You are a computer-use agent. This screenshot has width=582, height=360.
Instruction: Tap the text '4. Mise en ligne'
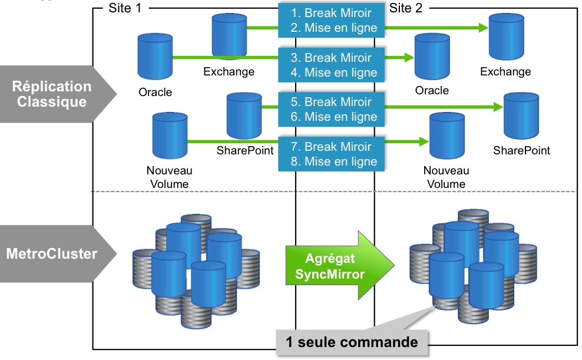point(333,73)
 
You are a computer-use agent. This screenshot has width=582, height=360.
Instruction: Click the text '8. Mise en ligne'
point(333,162)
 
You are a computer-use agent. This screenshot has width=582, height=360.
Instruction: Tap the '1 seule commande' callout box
point(352,342)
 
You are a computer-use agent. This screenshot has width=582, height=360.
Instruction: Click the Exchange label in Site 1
point(229,72)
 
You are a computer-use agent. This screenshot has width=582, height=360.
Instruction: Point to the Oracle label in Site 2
point(432,91)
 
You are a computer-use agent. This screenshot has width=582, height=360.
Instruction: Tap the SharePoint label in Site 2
point(521,150)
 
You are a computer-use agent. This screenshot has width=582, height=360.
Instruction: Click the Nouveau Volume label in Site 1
point(169,177)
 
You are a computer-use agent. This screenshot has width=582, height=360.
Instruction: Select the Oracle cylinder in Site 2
point(432,57)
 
